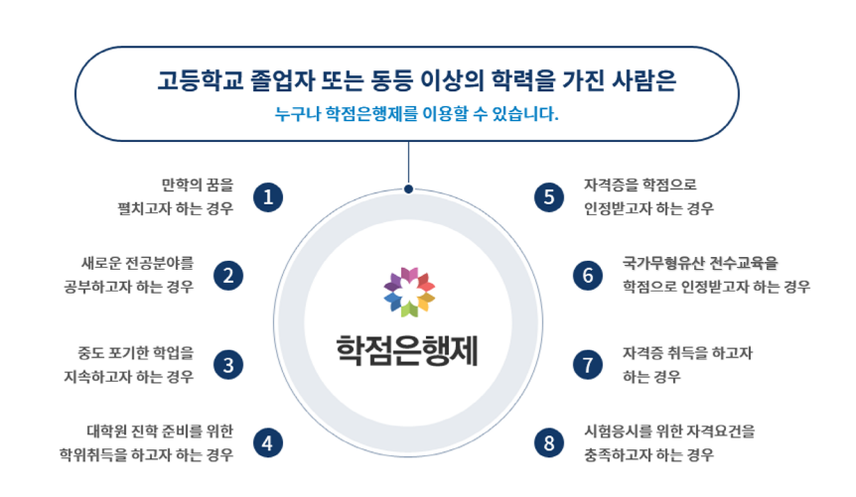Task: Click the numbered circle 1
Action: point(268,197)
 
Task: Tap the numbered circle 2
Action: point(228,276)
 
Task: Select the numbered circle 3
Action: point(228,365)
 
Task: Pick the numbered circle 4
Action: point(268,442)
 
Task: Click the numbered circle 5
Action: point(549,197)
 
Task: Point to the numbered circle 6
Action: point(588,276)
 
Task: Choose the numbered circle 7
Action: point(588,365)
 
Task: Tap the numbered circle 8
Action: point(549,442)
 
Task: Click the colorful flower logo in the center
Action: point(409,292)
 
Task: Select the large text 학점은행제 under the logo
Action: point(407,350)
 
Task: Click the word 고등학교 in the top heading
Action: point(200,80)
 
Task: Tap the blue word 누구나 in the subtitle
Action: point(297,113)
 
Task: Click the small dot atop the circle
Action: point(408,189)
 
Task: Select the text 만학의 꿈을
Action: point(198,185)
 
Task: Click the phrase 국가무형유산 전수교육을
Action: point(700,263)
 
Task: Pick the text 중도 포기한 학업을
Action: point(135,353)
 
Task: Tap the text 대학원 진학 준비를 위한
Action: point(160,431)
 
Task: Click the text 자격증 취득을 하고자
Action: point(688,353)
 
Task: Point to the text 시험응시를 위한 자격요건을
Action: point(670,431)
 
